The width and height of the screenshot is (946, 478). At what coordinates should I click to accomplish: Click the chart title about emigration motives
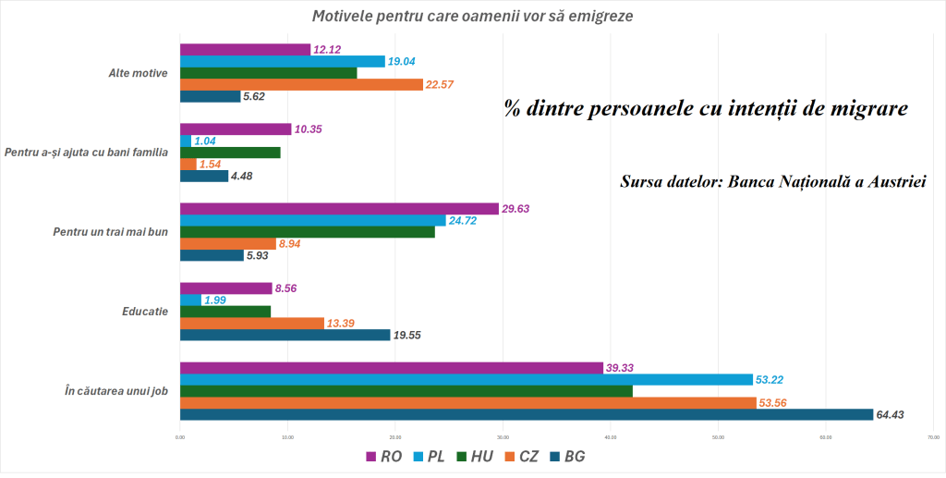coord(473,17)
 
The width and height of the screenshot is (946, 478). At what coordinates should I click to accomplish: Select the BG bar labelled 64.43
coord(526,414)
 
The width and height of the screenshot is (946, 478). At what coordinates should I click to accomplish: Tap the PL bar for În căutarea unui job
coord(466,379)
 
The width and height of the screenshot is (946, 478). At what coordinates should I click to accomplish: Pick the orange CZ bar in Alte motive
coord(301,84)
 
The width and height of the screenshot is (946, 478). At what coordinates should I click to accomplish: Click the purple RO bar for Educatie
coord(225,288)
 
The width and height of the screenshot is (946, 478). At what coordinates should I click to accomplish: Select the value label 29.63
coord(521,209)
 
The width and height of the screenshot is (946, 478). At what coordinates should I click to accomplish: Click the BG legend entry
coord(566,457)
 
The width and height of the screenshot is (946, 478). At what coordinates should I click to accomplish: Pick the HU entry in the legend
coord(475,457)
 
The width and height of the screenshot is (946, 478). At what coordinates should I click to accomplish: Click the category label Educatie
coord(144,312)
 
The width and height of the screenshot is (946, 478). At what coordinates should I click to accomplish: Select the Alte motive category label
coord(138,72)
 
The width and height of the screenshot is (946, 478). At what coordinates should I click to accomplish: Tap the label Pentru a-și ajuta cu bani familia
coord(86,152)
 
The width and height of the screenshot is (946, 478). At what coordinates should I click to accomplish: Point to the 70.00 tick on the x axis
coord(934,437)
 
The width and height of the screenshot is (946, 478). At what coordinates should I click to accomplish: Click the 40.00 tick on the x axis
coord(611,437)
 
